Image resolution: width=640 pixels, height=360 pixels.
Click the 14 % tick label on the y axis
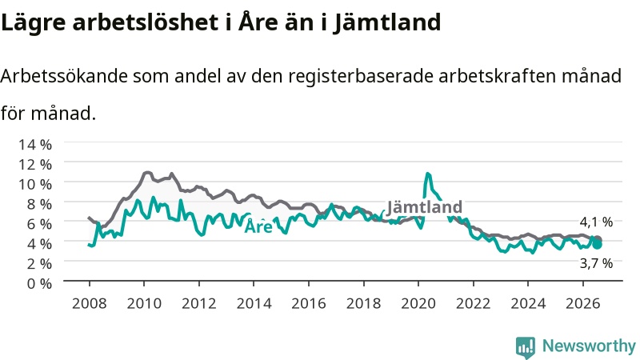pos(35,145)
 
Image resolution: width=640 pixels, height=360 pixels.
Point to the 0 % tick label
pos(39,283)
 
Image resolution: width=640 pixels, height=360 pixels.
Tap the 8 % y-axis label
pos(39,204)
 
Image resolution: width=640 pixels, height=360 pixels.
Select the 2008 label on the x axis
pos(90,303)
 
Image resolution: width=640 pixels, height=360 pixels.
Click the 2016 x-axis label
pos(309,303)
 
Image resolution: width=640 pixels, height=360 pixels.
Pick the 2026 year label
pos(583,303)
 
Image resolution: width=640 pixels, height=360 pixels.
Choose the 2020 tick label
pos(418,303)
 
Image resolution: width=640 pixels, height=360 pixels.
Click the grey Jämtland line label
pos(425,207)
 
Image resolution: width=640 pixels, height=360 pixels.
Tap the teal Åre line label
pos(258,226)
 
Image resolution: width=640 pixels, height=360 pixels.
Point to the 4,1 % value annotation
pos(596,222)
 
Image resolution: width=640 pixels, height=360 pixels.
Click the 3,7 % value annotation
pos(596,263)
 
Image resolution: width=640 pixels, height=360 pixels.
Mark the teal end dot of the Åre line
pos(597,245)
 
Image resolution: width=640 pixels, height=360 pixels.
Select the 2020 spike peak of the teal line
pos(428,174)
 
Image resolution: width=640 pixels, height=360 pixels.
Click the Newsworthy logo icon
pos(526,347)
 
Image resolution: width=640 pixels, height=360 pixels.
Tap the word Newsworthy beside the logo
pos(589,346)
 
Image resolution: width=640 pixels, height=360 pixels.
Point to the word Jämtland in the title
pos(387,22)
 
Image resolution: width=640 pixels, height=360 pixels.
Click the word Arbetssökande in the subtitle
pos(64,76)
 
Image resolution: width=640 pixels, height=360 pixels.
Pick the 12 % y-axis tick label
pos(35,165)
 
